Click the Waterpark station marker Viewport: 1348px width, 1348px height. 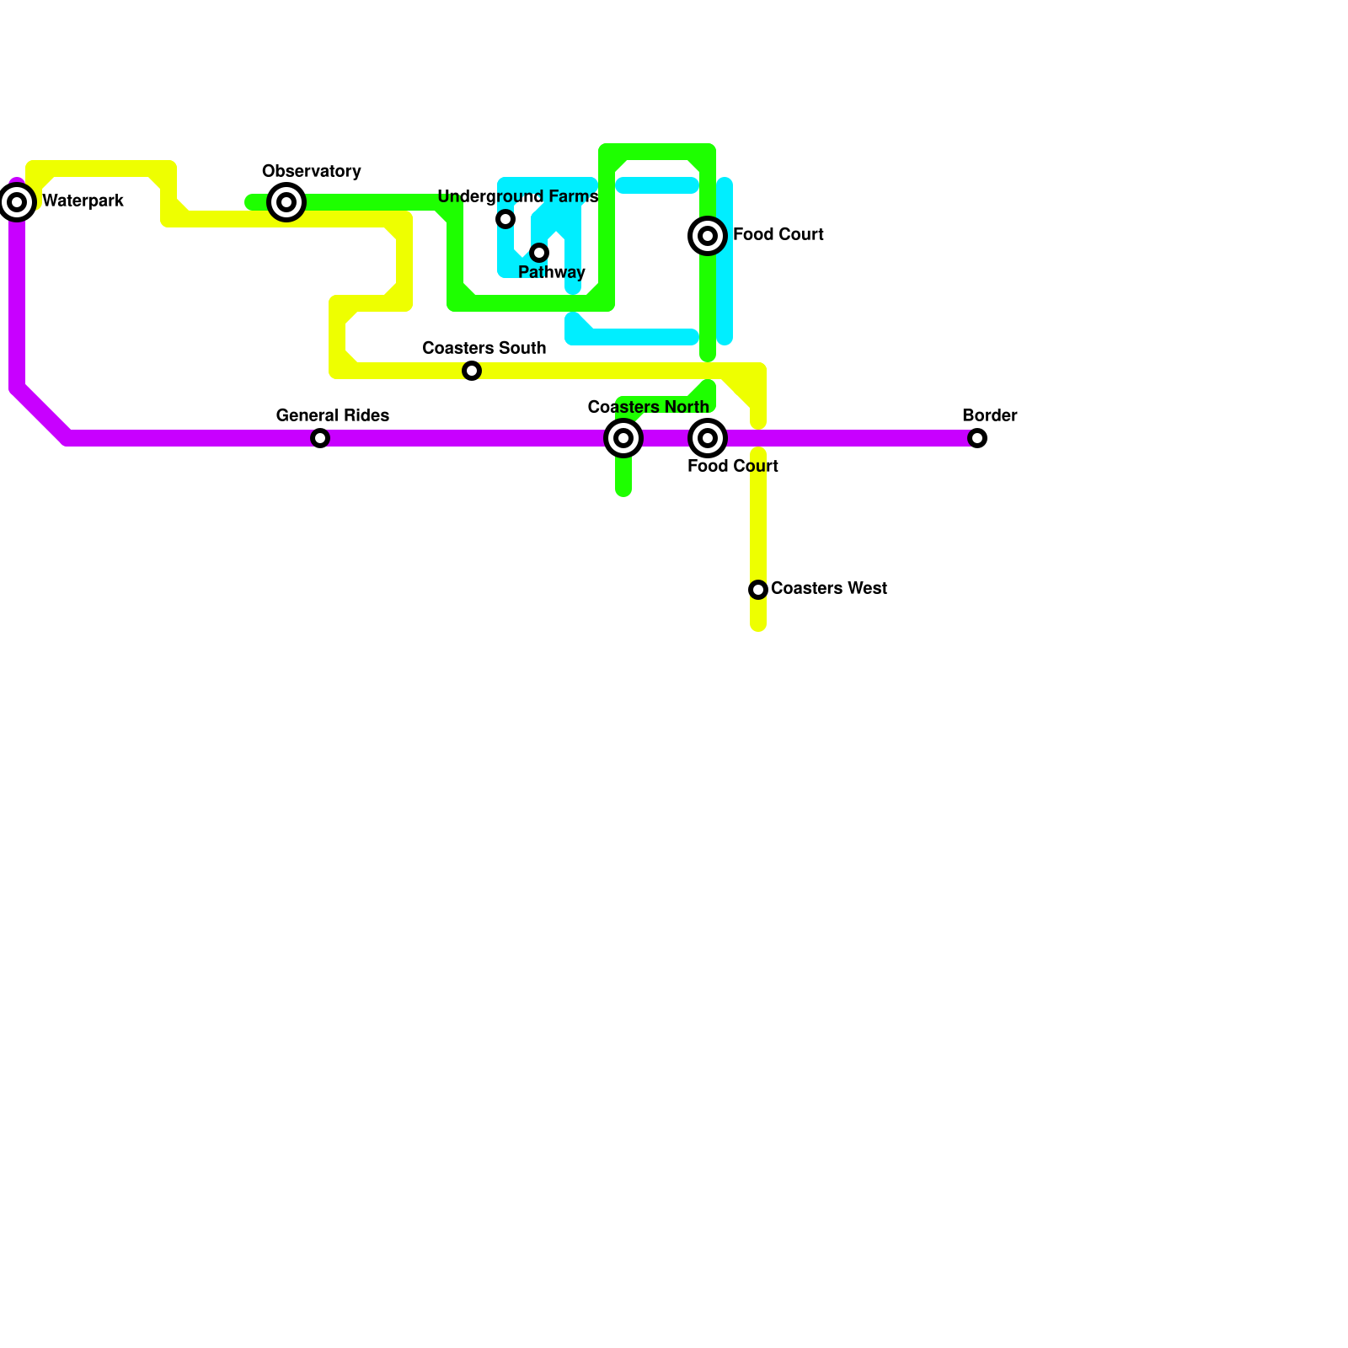[x=17, y=202]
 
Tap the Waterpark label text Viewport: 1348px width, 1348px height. [x=83, y=201]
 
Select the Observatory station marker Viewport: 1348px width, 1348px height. [x=286, y=202]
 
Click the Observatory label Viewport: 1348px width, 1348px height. [x=311, y=172]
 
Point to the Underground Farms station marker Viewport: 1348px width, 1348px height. [x=505, y=219]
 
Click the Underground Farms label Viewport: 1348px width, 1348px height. [x=517, y=197]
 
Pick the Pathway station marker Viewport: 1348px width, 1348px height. [x=539, y=253]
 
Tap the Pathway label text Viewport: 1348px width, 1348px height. [x=551, y=273]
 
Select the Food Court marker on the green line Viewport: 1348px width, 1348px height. [x=708, y=236]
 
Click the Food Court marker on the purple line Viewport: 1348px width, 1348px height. [x=708, y=438]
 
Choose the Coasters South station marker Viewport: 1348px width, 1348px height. [x=472, y=371]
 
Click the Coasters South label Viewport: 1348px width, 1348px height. [x=484, y=349]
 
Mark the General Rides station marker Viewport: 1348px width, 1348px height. [x=320, y=438]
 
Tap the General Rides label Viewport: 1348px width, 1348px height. [x=332, y=416]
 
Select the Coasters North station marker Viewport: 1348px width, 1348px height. [x=623, y=438]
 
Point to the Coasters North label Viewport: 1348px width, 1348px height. [x=648, y=408]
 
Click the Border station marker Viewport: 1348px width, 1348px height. [x=977, y=438]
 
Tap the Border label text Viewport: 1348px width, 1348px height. [x=989, y=416]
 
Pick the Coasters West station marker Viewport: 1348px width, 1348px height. [x=758, y=590]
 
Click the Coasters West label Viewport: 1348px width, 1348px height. [x=828, y=589]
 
